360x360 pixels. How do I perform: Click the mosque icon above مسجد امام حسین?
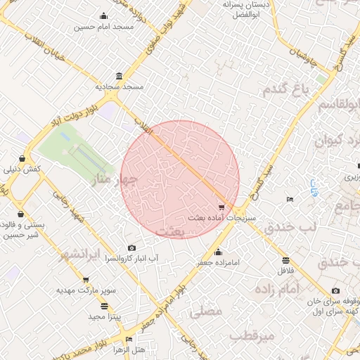coord(105,16)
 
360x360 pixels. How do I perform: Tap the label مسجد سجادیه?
coord(120,86)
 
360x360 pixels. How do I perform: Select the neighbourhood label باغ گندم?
coord(286,89)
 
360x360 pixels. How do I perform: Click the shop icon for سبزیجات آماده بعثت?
coord(222,207)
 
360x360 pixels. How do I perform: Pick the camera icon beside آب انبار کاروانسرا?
coord(132,248)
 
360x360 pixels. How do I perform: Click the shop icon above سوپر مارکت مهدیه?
coord(66,280)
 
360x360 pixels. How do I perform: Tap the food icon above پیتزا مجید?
coord(105,306)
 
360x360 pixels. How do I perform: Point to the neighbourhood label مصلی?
coord(206,311)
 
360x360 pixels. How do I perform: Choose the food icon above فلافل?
coord(285,259)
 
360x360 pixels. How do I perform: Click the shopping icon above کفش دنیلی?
coord(22,159)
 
